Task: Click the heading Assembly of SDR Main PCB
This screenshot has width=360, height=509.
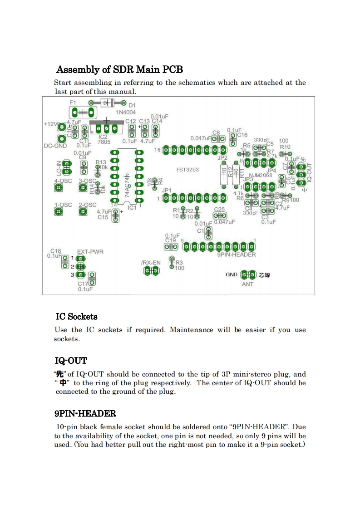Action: [x=119, y=69]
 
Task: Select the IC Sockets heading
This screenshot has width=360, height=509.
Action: [x=76, y=316]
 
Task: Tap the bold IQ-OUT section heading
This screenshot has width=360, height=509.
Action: [x=71, y=361]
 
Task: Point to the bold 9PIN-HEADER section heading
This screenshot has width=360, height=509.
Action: [x=85, y=413]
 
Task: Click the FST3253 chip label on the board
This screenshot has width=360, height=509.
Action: [x=187, y=170]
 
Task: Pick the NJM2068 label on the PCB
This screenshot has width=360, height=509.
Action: [x=261, y=175]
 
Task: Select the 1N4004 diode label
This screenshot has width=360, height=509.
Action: [x=125, y=112]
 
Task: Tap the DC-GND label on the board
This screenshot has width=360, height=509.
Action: [x=55, y=146]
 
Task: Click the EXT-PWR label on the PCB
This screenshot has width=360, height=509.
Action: [x=89, y=251]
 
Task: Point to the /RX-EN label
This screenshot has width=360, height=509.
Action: [x=150, y=263]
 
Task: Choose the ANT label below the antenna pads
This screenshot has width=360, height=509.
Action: [x=247, y=284]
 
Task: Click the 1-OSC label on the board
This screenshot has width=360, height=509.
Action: [x=63, y=205]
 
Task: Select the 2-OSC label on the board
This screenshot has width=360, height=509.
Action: [x=88, y=205]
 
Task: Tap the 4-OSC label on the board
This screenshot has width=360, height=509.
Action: [x=63, y=181]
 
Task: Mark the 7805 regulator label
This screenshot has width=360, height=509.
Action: [x=104, y=142]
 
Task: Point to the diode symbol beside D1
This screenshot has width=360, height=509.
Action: [x=107, y=103]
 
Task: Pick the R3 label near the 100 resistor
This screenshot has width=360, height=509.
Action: [x=179, y=262]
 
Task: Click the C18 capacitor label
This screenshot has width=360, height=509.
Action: [x=56, y=251]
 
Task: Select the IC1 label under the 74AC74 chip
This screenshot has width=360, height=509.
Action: [x=132, y=208]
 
